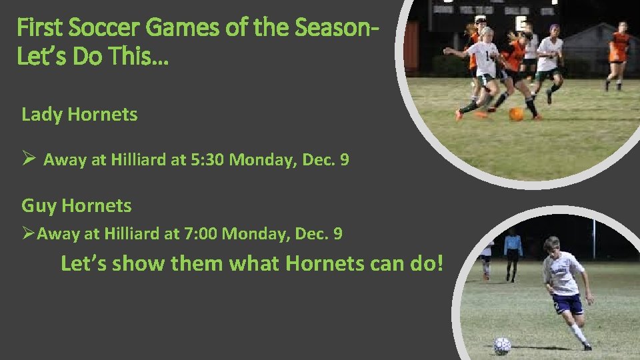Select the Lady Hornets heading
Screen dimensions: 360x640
[79, 114]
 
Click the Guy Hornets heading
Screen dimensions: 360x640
[77, 205]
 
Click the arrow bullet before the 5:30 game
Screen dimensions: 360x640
[28, 159]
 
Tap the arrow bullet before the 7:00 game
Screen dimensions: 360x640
[28, 233]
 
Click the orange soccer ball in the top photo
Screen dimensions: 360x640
[516, 114]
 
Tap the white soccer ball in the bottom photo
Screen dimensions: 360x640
[502, 345]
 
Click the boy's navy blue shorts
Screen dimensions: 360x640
[567, 304]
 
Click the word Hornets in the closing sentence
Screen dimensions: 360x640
[325, 263]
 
